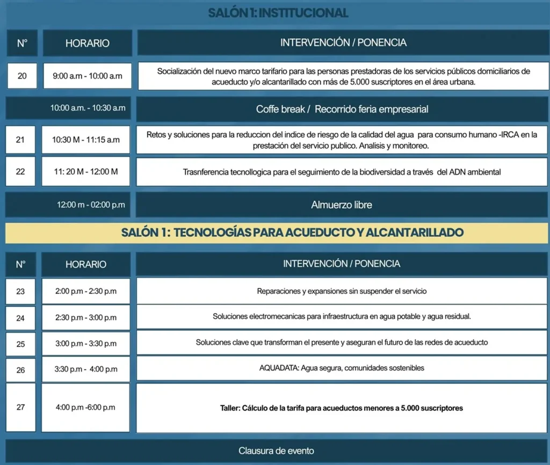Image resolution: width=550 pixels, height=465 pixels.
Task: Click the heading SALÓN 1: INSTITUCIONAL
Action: coord(278,13)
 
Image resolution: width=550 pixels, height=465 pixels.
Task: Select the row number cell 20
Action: coord(22,76)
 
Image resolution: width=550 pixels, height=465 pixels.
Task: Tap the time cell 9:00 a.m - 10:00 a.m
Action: coord(87,76)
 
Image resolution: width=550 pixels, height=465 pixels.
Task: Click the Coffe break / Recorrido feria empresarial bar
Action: coord(342,109)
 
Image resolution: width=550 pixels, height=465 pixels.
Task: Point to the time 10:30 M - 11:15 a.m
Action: coord(86,140)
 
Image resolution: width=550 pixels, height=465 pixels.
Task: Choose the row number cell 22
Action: coord(20,171)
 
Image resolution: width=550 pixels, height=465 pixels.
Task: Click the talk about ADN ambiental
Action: coord(342,172)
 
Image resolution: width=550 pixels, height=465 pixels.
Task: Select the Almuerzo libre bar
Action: coord(342,205)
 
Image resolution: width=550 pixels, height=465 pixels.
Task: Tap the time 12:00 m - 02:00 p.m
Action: coord(91,205)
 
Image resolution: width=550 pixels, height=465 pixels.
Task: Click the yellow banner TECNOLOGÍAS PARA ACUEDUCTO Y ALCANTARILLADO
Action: coord(277,233)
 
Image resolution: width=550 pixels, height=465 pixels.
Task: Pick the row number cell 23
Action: coord(20,292)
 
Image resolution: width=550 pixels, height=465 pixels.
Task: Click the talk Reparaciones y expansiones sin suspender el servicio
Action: coord(342,292)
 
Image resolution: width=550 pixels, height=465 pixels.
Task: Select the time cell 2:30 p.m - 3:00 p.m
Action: coord(86,317)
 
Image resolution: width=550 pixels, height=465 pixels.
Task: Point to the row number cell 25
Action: coord(20,344)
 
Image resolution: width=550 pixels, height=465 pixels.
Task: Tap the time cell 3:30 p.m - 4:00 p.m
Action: coord(86,369)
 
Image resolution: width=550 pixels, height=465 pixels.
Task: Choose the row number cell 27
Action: coord(20,407)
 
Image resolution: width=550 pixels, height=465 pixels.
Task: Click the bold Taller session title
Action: coord(342,408)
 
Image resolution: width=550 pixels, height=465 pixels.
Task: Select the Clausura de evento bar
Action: coord(276,451)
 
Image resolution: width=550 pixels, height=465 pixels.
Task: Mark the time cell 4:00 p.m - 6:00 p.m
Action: coord(85,407)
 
